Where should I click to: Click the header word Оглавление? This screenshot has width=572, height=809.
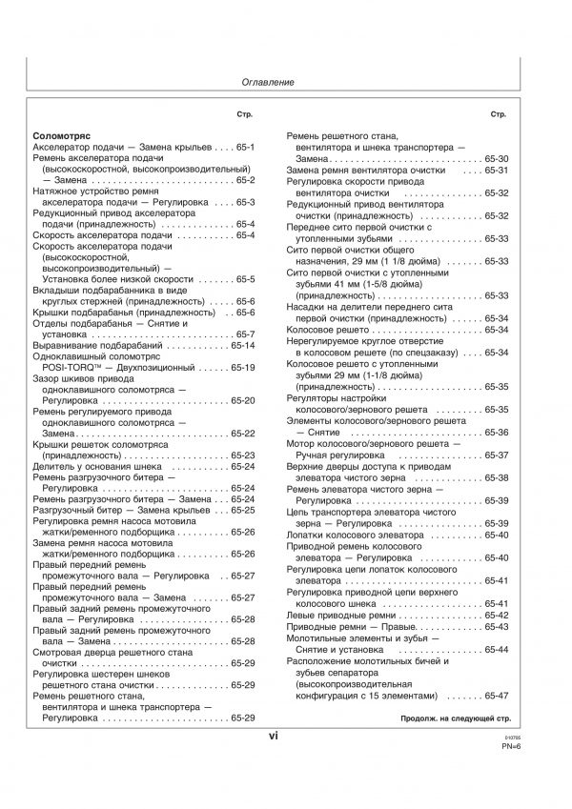click(x=266, y=83)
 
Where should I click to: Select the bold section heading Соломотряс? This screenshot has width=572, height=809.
click(x=61, y=137)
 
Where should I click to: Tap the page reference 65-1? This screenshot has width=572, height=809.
click(x=244, y=149)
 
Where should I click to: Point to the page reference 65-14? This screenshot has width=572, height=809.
click(x=242, y=346)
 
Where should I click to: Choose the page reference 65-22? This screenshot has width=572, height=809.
click(x=242, y=434)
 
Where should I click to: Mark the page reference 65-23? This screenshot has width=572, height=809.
click(x=242, y=455)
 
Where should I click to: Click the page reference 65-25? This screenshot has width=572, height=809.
click(x=242, y=510)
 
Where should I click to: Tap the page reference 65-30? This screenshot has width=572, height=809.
click(x=497, y=159)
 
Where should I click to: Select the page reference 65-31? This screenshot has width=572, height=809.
click(x=497, y=171)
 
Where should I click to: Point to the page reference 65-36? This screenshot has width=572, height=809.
click(x=497, y=434)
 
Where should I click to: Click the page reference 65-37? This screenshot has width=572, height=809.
click(x=497, y=455)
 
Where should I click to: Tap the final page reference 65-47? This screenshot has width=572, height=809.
click(x=497, y=696)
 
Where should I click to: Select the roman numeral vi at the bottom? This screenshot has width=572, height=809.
click(x=273, y=736)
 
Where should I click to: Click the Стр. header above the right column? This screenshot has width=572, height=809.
click(x=499, y=115)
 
